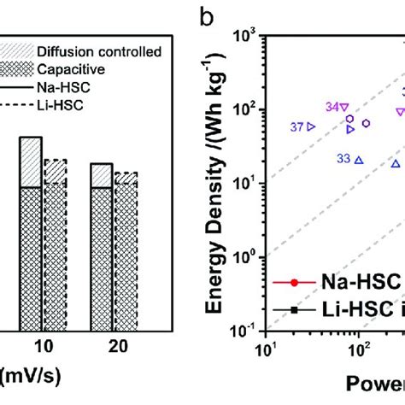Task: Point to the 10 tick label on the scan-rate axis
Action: click(x=43, y=349)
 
